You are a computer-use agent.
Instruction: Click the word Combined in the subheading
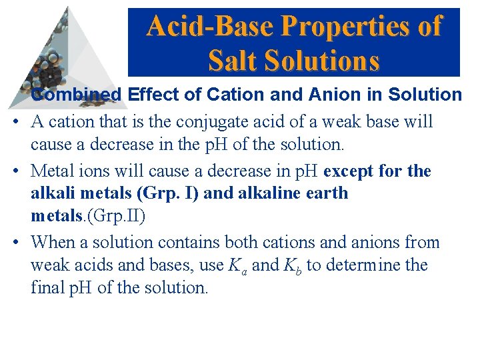coord(77,95)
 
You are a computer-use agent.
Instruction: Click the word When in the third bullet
coord(53,241)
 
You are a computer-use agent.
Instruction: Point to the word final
coord(49,288)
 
